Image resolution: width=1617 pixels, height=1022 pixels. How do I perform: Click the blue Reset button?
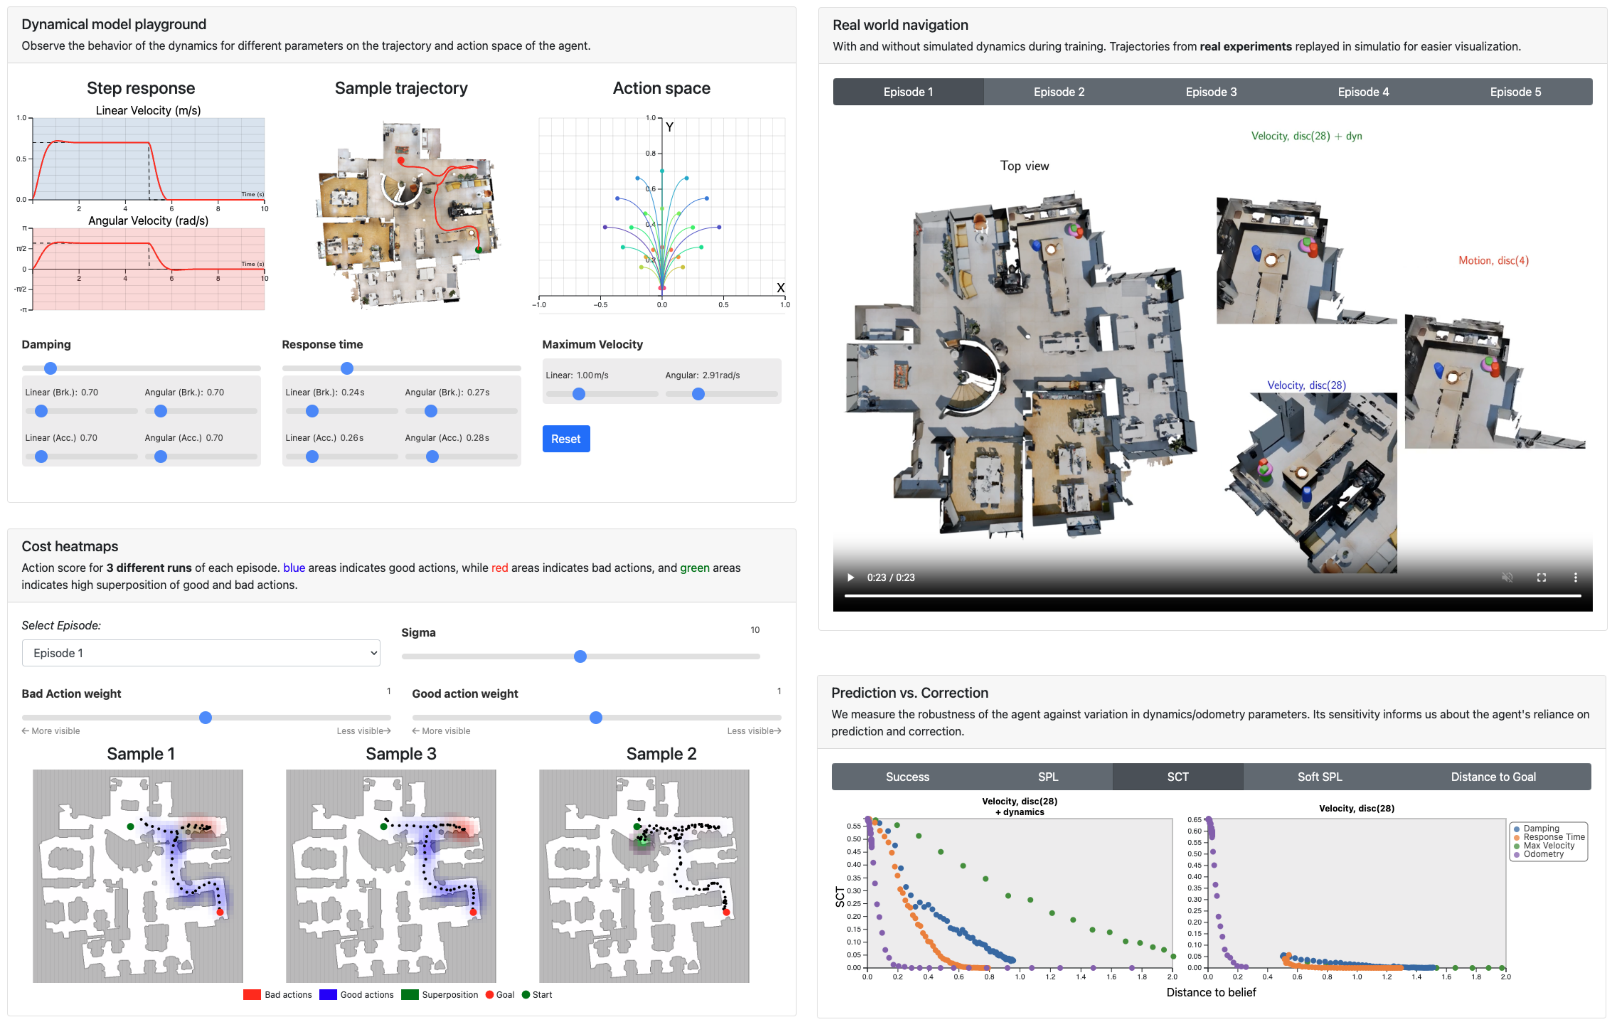[566, 439]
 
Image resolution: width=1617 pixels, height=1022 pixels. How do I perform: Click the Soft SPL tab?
[1320, 776]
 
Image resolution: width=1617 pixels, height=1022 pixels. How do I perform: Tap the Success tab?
[907, 776]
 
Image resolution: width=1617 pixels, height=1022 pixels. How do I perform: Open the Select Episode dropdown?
[201, 653]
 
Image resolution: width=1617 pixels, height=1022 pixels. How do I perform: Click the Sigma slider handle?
[580, 656]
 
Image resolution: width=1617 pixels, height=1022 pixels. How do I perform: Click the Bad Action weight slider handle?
[206, 717]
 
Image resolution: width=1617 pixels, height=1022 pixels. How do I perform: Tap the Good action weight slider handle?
[596, 717]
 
